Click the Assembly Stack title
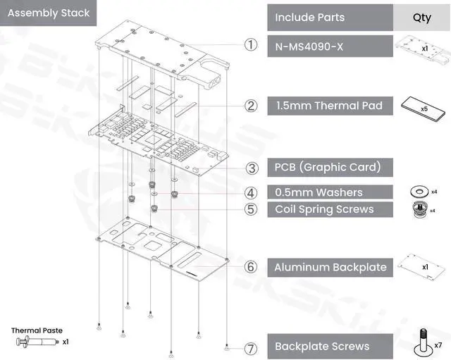(x=49, y=13)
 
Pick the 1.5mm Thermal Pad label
(x=329, y=106)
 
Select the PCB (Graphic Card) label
(x=328, y=167)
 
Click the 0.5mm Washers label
(x=319, y=192)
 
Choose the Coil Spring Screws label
(x=324, y=209)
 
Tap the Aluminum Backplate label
(x=330, y=267)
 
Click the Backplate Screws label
(x=321, y=347)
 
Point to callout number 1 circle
(x=250, y=44)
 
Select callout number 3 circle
(x=250, y=168)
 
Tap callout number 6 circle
(x=250, y=267)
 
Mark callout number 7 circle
(x=250, y=347)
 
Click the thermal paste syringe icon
(x=35, y=342)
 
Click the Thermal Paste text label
(x=37, y=330)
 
